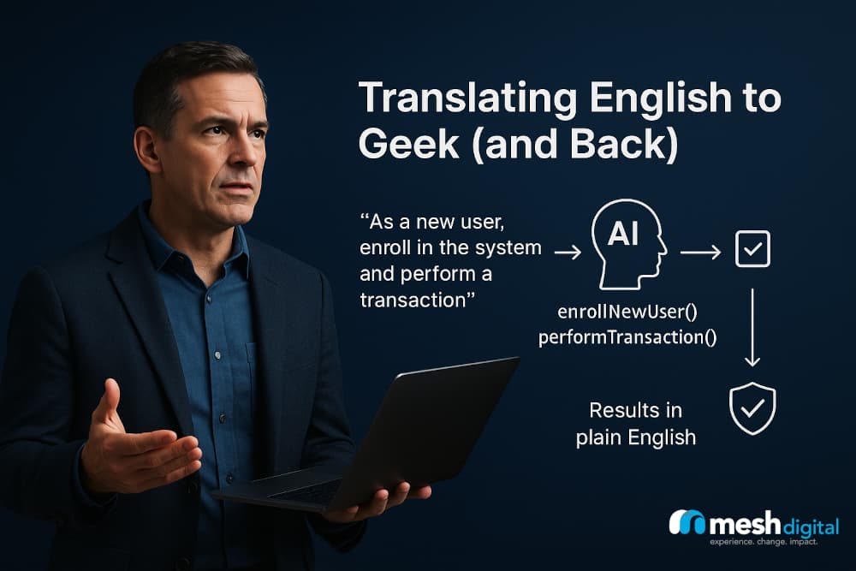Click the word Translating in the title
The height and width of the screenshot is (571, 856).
(x=461, y=100)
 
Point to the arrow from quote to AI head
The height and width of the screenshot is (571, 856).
(x=568, y=252)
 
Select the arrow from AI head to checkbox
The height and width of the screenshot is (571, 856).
(x=699, y=253)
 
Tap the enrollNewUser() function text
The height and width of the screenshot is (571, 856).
(x=627, y=312)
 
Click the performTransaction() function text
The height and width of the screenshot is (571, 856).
(x=627, y=336)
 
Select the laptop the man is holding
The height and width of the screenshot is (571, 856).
(x=377, y=437)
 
